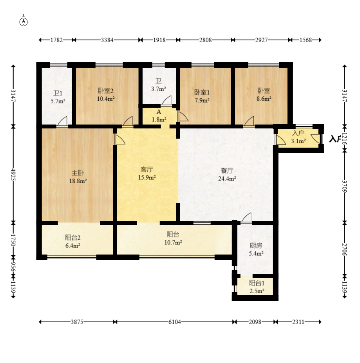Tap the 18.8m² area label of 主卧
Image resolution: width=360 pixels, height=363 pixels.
pyautogui.click(x=78, y=181)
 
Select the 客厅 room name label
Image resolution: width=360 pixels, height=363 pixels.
pyautogui.click(x=147, y=170)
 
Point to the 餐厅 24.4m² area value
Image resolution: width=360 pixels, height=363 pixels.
pyautogui.click(x=227, y=179)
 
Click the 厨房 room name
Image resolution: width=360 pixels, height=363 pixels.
pyautogui.click(x=256, y=246)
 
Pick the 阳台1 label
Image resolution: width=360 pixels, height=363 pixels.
pyautogui.click(x=257, y=283)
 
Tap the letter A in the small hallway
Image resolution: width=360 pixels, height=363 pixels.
pyautogui.click(x=159, y=112)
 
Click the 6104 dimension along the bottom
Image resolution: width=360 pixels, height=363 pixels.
pyautogui.click(x=174, y=322)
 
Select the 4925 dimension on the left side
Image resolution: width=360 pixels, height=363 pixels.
pyautogui.click(x=13, y=175)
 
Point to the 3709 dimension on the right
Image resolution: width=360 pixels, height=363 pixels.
pyautogui.click(x=345, y=186)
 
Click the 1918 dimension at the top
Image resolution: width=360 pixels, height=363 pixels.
pyautogui.click(x=159, y=40)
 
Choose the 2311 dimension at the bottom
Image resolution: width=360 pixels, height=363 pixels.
pyautogui.click(x=298, y=322)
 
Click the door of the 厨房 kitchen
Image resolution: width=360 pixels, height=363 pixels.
pyautogui.click(x=246, y=218)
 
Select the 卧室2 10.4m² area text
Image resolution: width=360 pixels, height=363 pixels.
pyautogui.click(x=106, y=99)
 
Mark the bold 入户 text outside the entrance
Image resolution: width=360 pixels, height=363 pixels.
pyautogui.click(x=335, y=139)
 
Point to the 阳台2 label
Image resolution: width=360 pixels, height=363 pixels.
pyautogui.click(x=73, y=238)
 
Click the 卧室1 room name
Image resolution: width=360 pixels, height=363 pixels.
pyautogui.click(x=202, y=92)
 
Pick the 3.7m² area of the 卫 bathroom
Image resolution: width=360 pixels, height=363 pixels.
pyautogui.click(x=159, y=89)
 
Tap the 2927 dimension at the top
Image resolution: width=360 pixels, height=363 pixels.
pyautogui.click(x=261, y=40)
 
